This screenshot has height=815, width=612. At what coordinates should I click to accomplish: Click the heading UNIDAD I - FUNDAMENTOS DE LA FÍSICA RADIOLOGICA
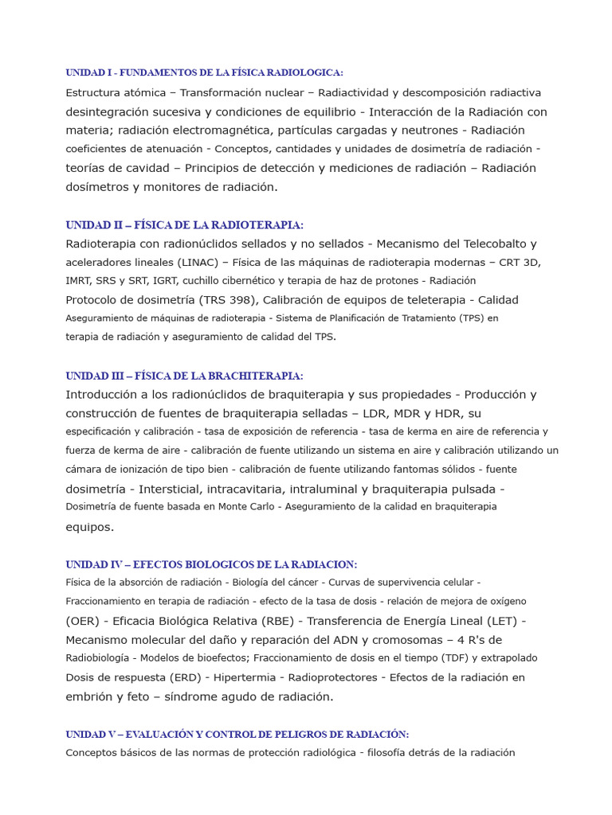[x=204, y=72]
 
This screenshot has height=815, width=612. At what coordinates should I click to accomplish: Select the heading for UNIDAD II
[x=184, y=225]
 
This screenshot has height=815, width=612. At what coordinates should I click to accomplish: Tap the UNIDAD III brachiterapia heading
[x=184, y=376]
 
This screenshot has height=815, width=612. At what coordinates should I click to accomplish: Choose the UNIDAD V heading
[x=237, y=734]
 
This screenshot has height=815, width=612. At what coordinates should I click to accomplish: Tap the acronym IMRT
[x=80, y=281]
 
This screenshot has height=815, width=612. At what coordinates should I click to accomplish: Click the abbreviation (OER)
[x=83, y=621]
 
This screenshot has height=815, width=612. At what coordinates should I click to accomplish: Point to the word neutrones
[x=431, y=131]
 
